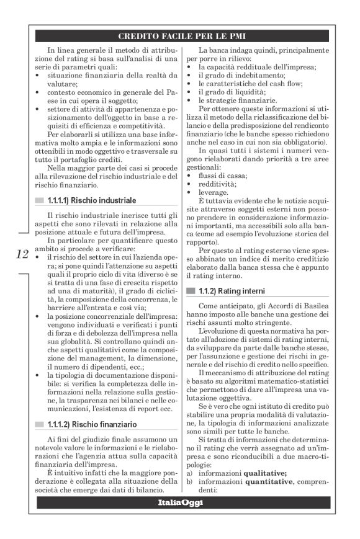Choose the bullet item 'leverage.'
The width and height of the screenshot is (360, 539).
pos(214,193)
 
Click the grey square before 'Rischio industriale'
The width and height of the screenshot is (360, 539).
pos(39,201)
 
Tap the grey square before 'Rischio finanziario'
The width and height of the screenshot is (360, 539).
pos(39,407)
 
